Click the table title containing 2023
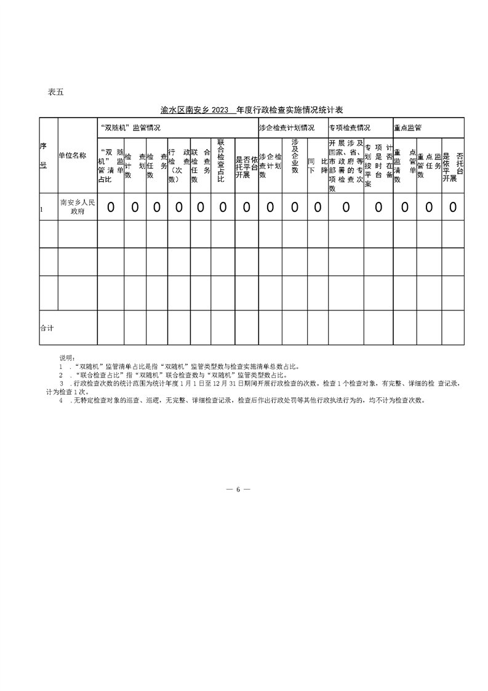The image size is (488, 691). [x=251, y=110]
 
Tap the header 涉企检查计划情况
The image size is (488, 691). [x=287, y=127]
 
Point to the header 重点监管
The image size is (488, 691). [x=408, y=127]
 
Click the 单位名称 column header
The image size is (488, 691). [x=77, y=156]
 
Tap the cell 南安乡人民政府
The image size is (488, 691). [x=77, y=207]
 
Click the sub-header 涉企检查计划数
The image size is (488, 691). [x=270, y=166]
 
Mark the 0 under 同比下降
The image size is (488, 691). [x=318, y=208]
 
